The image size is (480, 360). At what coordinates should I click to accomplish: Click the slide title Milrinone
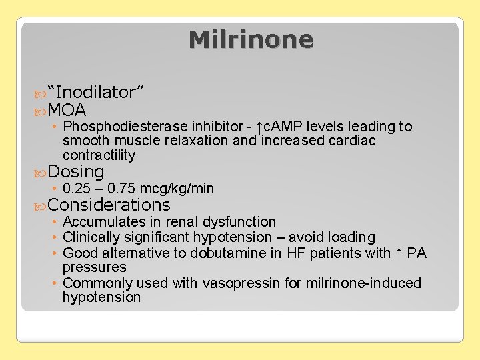[x=251, y=39]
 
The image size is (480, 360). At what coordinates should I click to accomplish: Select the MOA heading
[x=67, y=109]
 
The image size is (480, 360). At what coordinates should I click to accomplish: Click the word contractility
[x=99, y=155]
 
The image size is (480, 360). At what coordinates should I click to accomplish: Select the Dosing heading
[x=76, y=171]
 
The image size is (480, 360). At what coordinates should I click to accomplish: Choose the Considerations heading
[x=109, y=205]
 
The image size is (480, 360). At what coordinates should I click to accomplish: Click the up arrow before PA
[x=398, y=253]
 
